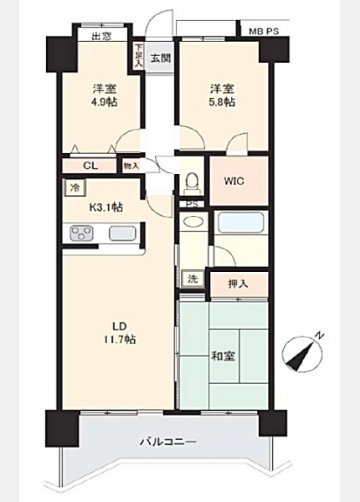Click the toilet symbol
[193, 182]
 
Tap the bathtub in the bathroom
[240, 223]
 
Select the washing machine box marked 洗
[193, 279]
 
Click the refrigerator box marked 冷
[75, 187]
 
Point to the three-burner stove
[82, 233]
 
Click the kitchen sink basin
[122, 233]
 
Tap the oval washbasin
[193, 222]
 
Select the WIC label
[234, 182]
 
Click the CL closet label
[90, 166]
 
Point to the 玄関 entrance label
[161, 59]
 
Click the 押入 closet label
[238, 284]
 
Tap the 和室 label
[224, 356]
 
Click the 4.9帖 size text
[105, 102]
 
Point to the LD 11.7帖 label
[120, 333]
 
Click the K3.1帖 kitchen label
[105, 207]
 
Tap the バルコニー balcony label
[168, 443]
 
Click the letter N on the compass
[319, 336]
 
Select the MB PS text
[264, 32]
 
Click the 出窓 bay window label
[101, 36]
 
